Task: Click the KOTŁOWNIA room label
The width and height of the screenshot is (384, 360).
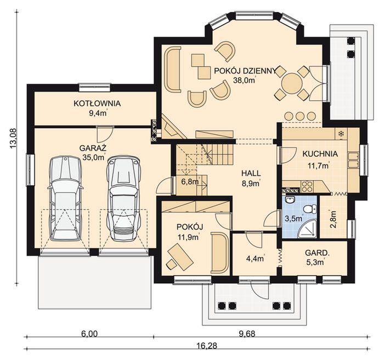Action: point(97,104)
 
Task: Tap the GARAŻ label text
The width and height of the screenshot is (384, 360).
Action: point(93,148)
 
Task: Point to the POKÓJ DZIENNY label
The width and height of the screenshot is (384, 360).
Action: point(245,71)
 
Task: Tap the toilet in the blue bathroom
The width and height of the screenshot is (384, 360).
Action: point(309,209)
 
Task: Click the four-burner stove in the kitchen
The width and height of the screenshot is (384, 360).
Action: point(307,187)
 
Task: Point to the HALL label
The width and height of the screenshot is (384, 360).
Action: point(251,173)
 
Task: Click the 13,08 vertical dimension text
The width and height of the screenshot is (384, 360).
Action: point(13,138)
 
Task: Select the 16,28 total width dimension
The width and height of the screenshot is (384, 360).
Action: point(207,346)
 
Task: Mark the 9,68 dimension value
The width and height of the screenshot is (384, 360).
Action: point(246,334)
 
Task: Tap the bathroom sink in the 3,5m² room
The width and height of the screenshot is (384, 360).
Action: point(291,199)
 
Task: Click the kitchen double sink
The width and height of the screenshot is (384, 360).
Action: point(353,160)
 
